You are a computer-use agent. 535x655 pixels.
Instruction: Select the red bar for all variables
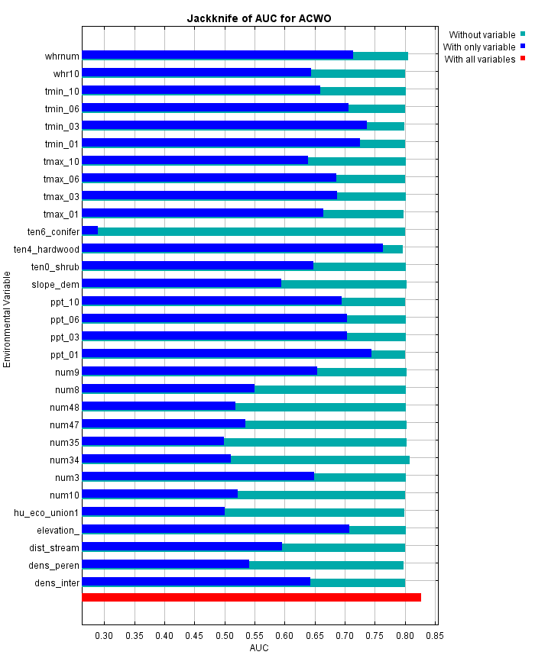pos(251,597)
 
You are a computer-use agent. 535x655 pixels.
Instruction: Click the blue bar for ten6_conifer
pos(90,231)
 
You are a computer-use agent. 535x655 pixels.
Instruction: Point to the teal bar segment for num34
pos(320,459)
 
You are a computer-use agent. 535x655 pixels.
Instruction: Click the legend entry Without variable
pos(481,34)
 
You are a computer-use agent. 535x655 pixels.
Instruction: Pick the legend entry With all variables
pos(480,59)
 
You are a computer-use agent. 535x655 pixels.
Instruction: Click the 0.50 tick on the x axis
pos(225,635)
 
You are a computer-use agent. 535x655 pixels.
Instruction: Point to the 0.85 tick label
pos(436,635)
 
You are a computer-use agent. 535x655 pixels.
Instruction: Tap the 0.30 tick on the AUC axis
pos(105,635)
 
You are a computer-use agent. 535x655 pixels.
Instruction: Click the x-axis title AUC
pos(259,648)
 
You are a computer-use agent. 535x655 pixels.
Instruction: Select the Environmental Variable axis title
pos(8,318)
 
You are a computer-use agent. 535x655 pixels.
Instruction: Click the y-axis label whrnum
pos(62,56)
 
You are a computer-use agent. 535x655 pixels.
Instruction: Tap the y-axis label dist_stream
pos(55,547)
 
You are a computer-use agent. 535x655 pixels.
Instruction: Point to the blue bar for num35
pos(153,441)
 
